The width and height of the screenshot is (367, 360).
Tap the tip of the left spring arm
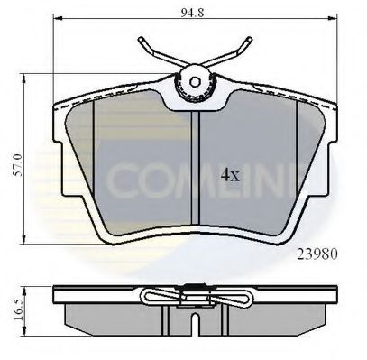pyautogui.click(x=142, y=40)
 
